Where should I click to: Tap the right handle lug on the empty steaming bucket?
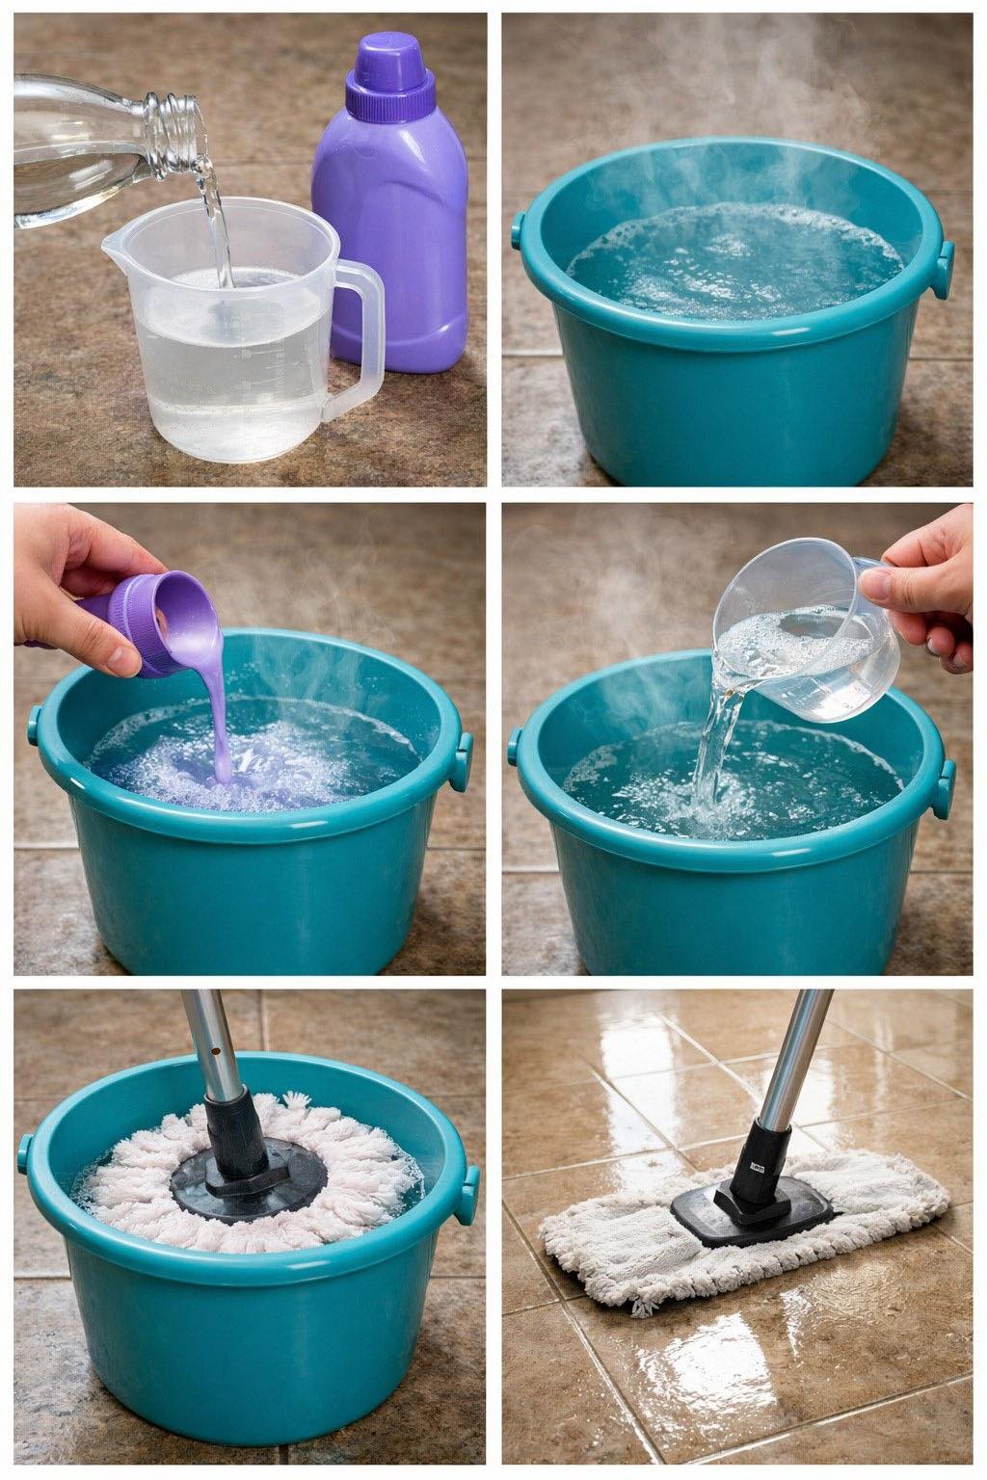coord(946,269)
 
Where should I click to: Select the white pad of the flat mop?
coord(617,1253)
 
